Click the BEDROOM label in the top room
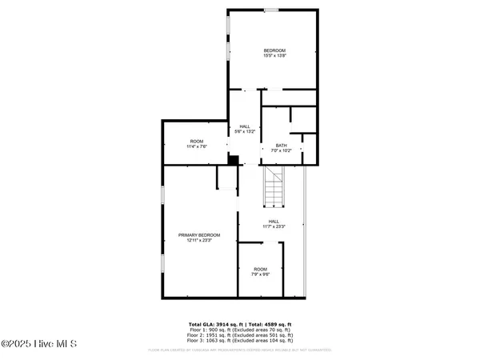pyautogui.click(x=274, y=51)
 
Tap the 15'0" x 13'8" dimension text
pyautogui.click(x=274, y=56)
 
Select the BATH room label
pyautogui.click(x=282, y=145)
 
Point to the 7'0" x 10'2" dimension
pyautogui.click(x=282, y=150)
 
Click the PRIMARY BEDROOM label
pyautogui.click(x=198, y=235)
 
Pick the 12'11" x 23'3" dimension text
pyautogui.click(x=198, y=240)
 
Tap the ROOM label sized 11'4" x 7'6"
pyautogui.click(x=197, y=142)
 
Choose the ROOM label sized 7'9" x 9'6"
pyautogui.click(x=261, y=269)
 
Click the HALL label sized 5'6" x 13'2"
pyautogui.click(x=245, y=126)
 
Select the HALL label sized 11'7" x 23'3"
pyautogui.click(x=274, y=222)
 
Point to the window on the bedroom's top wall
pyautogui.click(x=272, y=10)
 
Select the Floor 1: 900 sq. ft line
pyautogui.click(x=240, y=329)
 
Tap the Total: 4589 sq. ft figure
pyautogui.click(x=270, y=323)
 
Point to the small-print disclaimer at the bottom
pyautogui.click(x=240, y=350)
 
